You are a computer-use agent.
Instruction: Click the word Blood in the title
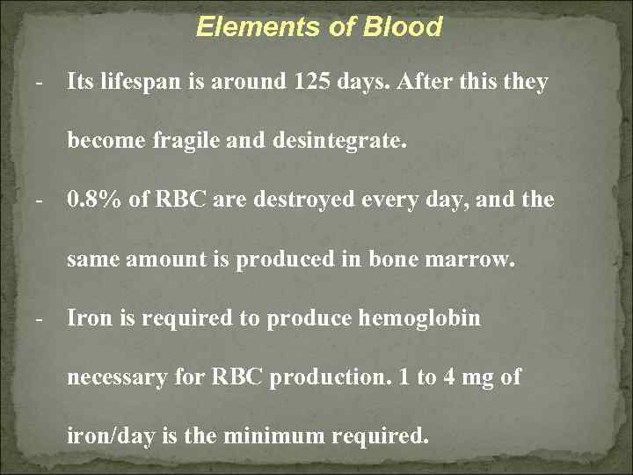(x=405, y=27)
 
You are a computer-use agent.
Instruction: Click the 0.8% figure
(x=96, y=200)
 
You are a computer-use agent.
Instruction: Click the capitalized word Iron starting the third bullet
(x=89, y=318)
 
